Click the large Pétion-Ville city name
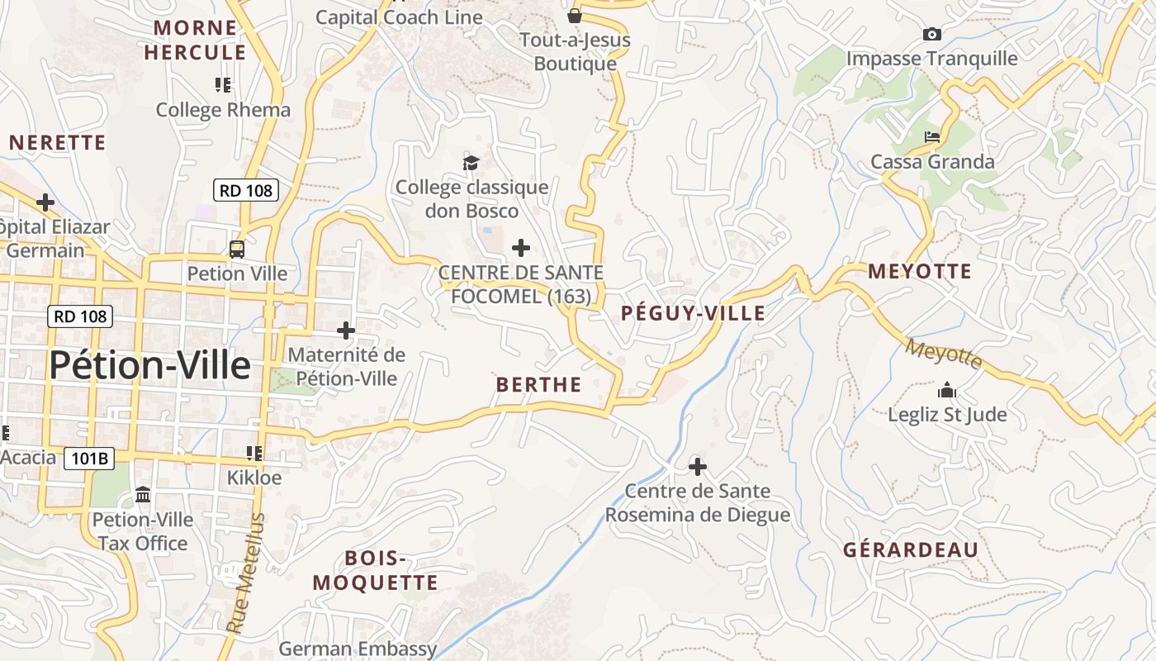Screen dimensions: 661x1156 click(x=149, y=365)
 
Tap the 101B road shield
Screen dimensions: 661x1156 click(x=89, y=458)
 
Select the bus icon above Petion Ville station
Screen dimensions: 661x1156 click(x=237, y=249)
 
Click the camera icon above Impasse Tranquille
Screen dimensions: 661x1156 click(x=932, y=34)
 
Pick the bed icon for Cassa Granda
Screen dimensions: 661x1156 click(x=932, y=136)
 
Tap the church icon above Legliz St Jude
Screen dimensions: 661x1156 click(x=947, y=389)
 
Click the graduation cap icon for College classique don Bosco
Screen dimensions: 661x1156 click(x=471, y=163)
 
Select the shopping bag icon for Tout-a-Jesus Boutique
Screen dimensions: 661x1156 click(x=575, y=16)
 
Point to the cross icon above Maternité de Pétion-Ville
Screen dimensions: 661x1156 click(x=346, y=330)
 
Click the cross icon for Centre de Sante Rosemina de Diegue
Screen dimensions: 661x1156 click(x=698, y=467)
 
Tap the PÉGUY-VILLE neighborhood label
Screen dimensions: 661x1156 click(x=693, y=313)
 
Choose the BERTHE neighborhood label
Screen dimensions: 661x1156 click(x=538, y=384)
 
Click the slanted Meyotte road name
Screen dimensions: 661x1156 click(x=945, y=354)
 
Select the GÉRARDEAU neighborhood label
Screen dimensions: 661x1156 click(x=911, y=550)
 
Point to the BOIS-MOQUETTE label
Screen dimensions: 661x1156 click(x=375, y=570)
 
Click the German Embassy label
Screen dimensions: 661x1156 click(x=358, y=649)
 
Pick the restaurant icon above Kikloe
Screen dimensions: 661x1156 click(x=254, y=453)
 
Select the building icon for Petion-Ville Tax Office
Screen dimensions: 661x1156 click(x=143, y=495)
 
